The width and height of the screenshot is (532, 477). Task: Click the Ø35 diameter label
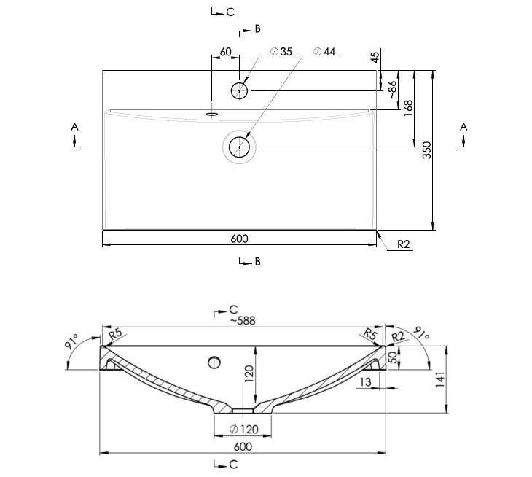tap(281, 52)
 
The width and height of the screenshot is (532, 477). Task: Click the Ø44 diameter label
tap(324, 52)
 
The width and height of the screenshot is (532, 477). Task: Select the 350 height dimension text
tap(427, 150)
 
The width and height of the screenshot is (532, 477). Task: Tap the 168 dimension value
tap(408, 108)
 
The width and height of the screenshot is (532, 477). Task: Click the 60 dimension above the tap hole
tap(226, 52)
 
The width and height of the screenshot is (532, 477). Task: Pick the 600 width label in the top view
tap(239, 238)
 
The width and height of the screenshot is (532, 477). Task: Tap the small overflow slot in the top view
tap(212, 114)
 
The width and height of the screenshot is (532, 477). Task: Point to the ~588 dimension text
tap(243, 320)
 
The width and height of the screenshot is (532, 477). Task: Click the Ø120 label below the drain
tap(244, 430)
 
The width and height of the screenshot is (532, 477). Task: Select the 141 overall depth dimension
tap(439, 379)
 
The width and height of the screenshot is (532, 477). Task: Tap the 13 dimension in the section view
tap(365, 382)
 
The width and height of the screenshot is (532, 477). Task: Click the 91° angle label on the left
tap(71, 341)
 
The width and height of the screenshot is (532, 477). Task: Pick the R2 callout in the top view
tap(404, 244)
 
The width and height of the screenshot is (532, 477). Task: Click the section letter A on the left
tap(74, 127)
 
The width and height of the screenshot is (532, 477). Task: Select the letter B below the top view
tap(257, 262)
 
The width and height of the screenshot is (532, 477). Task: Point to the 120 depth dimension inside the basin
tap(249, 373)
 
